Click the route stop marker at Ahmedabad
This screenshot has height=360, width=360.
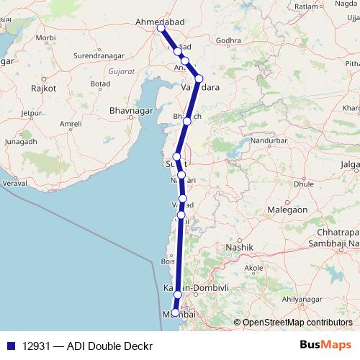161,29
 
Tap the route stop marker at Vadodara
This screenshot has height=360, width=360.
199,78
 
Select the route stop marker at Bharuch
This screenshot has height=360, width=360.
187,121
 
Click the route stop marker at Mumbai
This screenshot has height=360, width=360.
175,312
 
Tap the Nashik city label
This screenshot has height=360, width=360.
240,248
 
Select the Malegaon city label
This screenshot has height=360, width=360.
288,210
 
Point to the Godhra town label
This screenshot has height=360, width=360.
228,40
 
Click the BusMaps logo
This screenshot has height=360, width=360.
325,345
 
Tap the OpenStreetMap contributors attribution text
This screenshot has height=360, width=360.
297,323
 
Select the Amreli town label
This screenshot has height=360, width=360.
71,124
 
